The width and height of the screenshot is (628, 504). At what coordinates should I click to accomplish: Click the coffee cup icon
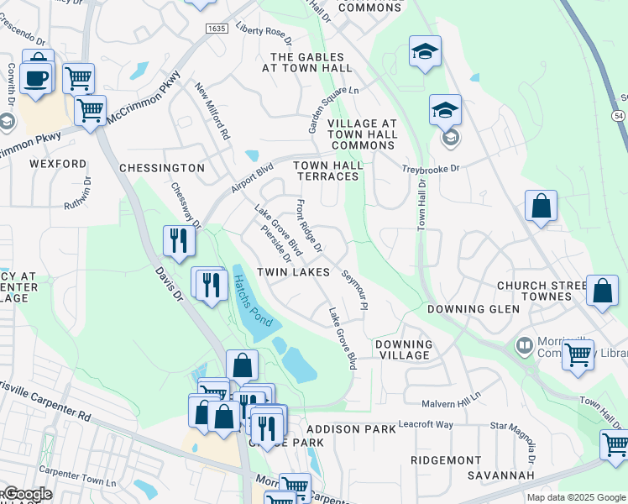[38, 77]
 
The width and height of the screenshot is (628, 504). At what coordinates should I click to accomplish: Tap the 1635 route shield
[216, 29]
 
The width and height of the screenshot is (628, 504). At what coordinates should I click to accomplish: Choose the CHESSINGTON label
[162, 168]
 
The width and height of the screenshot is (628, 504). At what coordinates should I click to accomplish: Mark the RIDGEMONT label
[446, 460]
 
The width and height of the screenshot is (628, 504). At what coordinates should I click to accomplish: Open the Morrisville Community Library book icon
[526, 345]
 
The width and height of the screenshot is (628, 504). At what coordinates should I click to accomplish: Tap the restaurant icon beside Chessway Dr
[179, 241]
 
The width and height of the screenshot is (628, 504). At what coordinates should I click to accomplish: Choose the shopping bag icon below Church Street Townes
[602, 291]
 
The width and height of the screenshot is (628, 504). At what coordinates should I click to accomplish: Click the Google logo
[27, 494]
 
